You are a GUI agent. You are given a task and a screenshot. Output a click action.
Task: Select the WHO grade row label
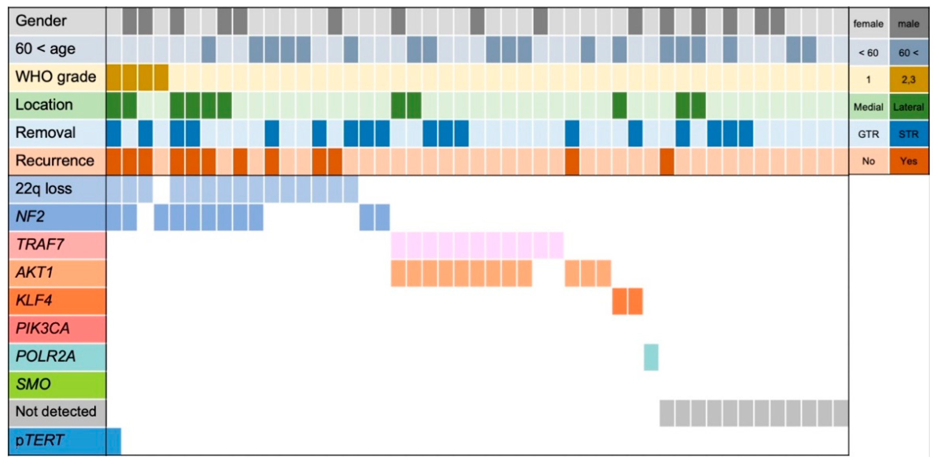[55, 77]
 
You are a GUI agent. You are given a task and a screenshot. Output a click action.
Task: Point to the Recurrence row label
[55, 161]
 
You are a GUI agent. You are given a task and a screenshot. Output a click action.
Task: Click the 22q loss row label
[44, 189]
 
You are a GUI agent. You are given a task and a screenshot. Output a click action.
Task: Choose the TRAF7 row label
[40, 245]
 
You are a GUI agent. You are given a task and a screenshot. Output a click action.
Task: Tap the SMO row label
[33, 384]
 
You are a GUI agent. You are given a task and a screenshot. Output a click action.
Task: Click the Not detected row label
[56, 412]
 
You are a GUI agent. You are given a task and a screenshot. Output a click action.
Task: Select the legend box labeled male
[908, 24]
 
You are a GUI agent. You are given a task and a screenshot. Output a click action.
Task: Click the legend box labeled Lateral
[908, 107]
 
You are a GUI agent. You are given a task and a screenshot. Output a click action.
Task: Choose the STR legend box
[908, 135]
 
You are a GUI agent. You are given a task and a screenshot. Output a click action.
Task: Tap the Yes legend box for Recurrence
[908, 161]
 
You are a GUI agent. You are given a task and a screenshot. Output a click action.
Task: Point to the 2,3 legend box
[908, 79]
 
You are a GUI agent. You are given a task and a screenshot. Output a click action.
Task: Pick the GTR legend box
[869, 135]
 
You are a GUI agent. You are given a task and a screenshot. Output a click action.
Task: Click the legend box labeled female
[869, 24]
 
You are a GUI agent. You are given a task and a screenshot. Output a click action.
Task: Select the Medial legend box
[869, 107]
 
